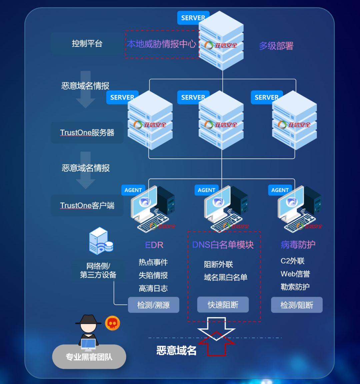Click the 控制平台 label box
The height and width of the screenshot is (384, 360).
(x=87, y=43)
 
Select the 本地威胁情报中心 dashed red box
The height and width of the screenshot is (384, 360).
(x=162, y=44)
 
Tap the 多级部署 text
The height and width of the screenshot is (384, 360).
(x=276, y=46)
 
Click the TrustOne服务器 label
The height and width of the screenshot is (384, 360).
(x=87, y=133)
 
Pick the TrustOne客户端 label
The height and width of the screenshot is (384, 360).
(x=87, y=205)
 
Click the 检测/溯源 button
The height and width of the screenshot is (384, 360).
(x=154, y=305)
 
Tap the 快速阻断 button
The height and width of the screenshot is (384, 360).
(x=223, y=304)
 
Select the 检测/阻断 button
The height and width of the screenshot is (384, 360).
(x=297, y=305)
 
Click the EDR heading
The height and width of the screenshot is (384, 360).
(x=154, y=245)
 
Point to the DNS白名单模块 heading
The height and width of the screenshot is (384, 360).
(x=223, y=245)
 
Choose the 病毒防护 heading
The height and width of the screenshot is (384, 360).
(x=298, y=245)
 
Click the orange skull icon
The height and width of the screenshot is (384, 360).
(x=112, y=323)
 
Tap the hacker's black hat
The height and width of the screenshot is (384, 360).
(x=88, y=319)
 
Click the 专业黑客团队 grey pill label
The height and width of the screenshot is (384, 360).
(x=89, y=357)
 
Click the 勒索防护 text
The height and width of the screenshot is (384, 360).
(x=295, y=287)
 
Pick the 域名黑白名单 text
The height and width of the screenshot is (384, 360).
(x=226, y=277)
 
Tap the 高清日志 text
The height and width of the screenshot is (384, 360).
(x=153, y=288)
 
